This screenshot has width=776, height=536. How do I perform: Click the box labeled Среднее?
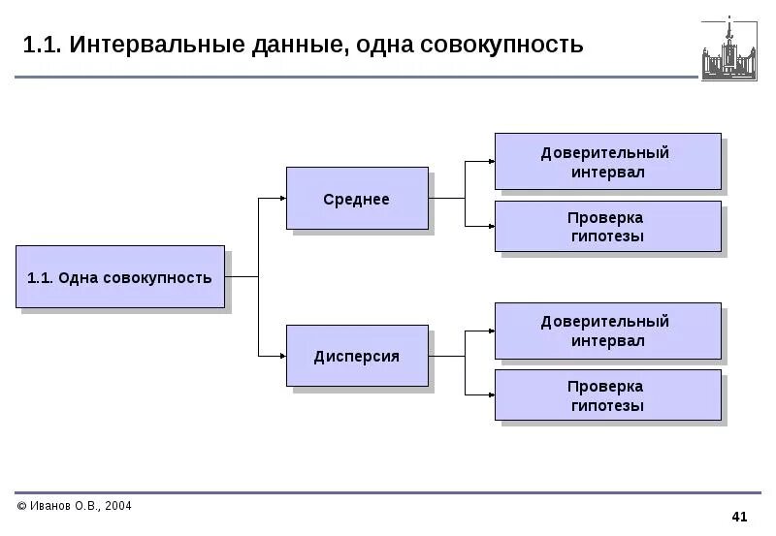(x=356, y=199)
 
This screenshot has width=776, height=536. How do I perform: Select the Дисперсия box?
(x=356, y=356)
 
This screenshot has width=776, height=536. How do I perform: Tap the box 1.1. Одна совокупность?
(x=119, y=277)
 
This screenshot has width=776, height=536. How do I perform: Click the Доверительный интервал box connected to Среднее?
(x=607, y=162)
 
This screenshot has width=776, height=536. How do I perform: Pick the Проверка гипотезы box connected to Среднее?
(x=607, y=226)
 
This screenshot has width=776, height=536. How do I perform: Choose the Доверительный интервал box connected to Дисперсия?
(x=607, y=331)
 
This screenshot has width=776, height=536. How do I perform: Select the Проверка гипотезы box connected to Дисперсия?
(x=607, y=394)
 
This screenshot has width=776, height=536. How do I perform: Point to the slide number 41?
(x=740, y=515)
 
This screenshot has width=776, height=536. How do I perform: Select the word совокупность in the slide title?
(x=502, y=45)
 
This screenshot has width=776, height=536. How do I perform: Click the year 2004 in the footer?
(x=116, y=506)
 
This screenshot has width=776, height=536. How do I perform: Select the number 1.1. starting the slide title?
(x=41, y=45)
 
